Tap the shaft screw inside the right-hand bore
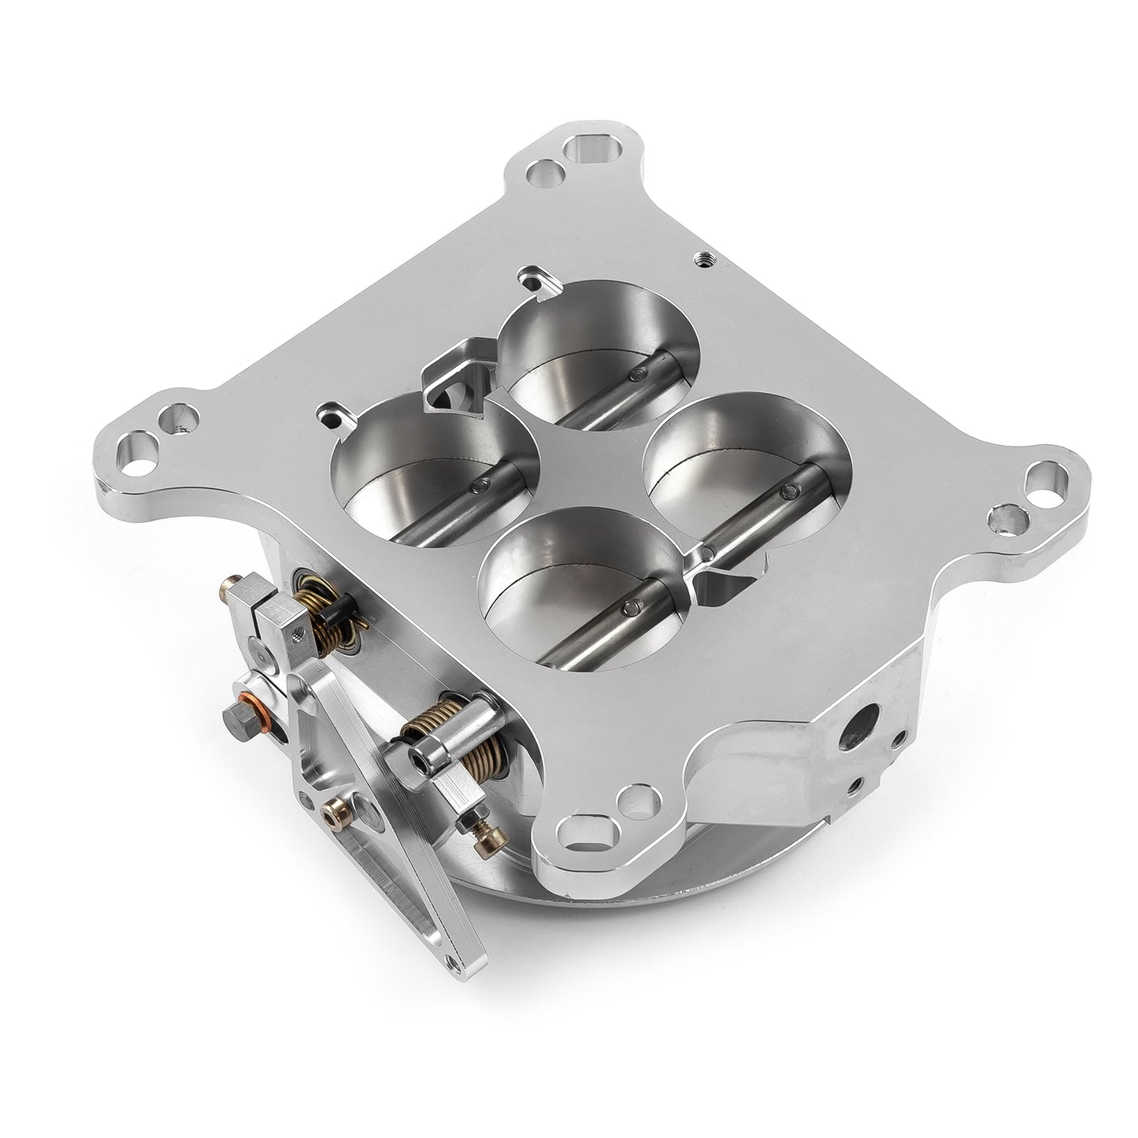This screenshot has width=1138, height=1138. click(x=784, y=493)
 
